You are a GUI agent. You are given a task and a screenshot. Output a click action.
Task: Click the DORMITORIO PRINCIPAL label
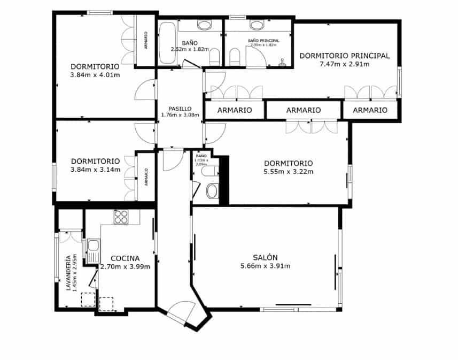pyautogui.click(x=344, y=55)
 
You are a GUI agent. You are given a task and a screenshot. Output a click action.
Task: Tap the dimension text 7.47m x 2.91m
pyautogui.click(x=344, y=64)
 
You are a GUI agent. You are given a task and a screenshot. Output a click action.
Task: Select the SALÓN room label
pyautogui.click(x=266, y=257)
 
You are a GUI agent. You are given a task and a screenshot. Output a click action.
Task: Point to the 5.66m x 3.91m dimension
pyautogui.click(x=266, y=266)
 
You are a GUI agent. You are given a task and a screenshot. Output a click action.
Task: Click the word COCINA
pyautogui.click(x=125, y=258)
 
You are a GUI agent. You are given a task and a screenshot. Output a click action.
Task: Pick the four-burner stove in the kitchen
pyautogui.click(x=121, y=217)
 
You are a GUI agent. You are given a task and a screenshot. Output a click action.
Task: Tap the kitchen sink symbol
pyautogui.click(x=93, y=247)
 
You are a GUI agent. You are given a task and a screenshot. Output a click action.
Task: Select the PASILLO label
pyautogui.click(x=176, y=107)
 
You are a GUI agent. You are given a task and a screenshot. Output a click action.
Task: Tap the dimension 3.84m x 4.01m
pyautogui.click(x=95, y=75)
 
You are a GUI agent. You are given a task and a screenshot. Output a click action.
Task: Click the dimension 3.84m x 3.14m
pyautogui.click(x=95, y=170)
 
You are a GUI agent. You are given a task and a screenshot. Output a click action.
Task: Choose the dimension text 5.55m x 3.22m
pyautogui.click(x=288, y=172)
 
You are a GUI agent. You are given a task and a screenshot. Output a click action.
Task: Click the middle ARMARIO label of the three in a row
pyautogui.click(x=304, y=110)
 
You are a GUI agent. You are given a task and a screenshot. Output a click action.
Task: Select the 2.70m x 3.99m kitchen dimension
pyautogui.click(x=125, y=267)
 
